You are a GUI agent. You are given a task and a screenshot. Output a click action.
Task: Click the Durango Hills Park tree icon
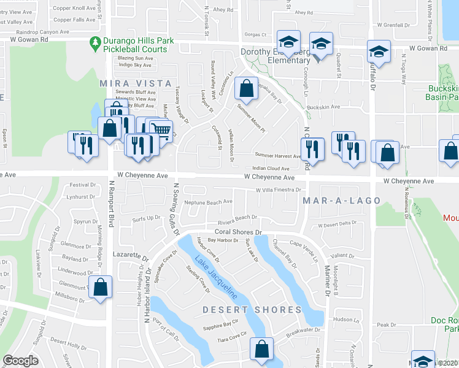tap(94, 42)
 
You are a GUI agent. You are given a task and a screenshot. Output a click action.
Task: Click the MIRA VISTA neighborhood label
tap(136, 83)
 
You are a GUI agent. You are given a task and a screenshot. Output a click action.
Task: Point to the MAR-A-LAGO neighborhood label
tap(342, 201)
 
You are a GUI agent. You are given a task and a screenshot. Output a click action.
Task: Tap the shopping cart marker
tap(161, 130)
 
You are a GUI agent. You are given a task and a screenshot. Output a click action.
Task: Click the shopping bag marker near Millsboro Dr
tap(100, 286)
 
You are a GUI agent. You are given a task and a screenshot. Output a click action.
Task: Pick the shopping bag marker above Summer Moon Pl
tap(245, 89)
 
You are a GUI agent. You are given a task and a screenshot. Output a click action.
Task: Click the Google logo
tap(20, 361)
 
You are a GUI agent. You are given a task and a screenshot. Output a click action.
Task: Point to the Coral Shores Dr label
tap(238, 233)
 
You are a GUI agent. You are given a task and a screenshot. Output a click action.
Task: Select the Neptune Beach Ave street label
tap(208, 201)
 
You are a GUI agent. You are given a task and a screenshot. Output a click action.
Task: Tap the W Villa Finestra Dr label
tap(274, 190)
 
